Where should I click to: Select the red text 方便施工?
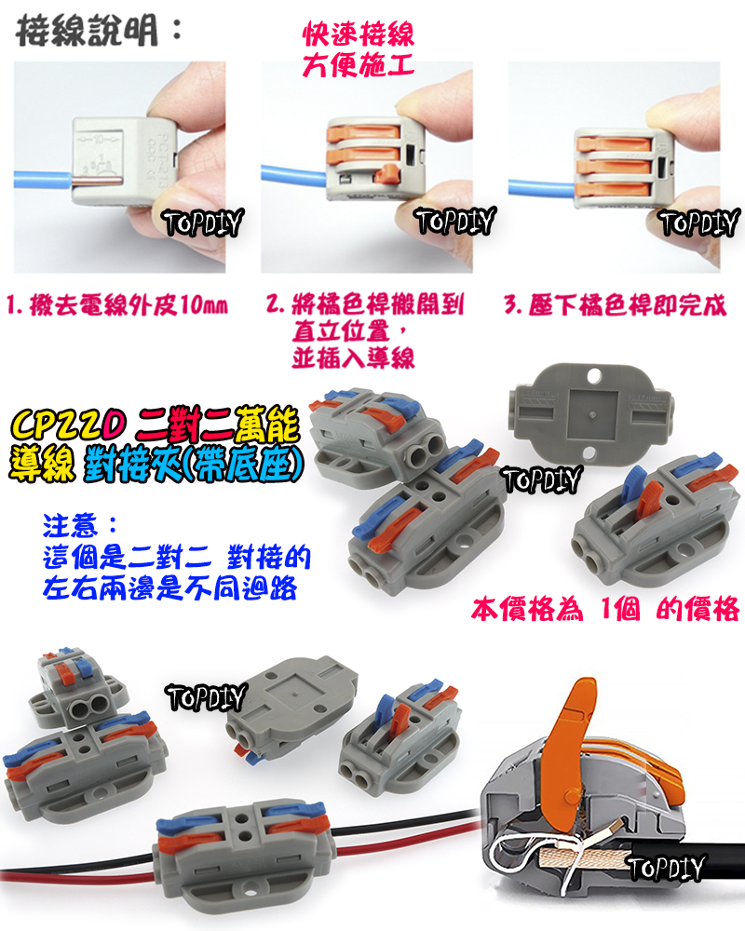click(x=359, y=67)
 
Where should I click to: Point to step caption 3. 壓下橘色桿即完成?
click(x=615, y=305)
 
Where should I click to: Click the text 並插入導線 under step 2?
click(x=353, y=358)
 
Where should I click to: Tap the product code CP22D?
click(x=69, y=426)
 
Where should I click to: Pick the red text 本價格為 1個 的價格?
click(x=605, y=610)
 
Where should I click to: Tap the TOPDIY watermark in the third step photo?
click(x=698, y=223)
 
